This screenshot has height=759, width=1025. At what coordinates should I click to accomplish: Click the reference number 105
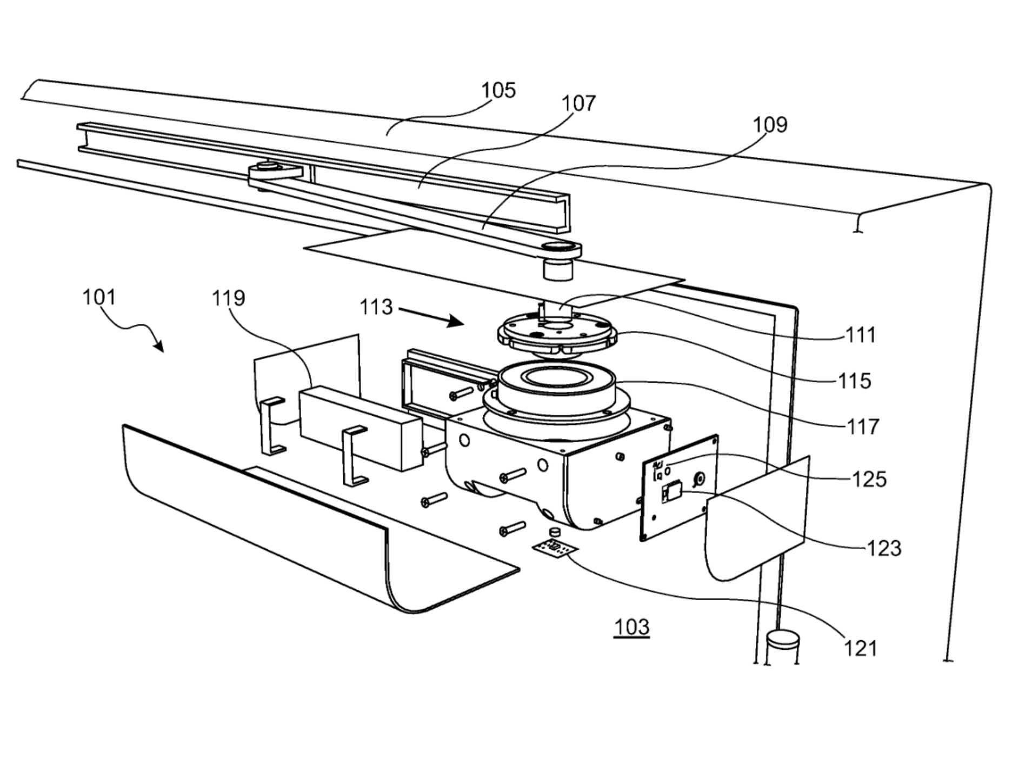pyautogui.click(x=498, y=90)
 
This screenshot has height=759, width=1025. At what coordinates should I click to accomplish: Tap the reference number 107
pyautogui.click(x=578, y=103)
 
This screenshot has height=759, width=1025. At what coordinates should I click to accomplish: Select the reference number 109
pyautogui.click(x=770, y=125)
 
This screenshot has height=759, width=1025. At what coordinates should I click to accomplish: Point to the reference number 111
pyautogui.click(x=860, y=335)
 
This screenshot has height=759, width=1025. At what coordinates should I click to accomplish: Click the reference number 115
pyautogui.click(x=855, y=381)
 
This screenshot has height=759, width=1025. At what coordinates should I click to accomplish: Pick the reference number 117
pyautogui.click(x=863, y=427)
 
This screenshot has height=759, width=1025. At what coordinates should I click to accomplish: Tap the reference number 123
pyautogui.click(x=884, y=549)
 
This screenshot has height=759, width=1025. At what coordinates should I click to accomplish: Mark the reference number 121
pyautogui.click(x=860, y=648)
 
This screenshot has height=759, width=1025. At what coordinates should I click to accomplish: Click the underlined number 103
pyautogui.click(x=631, y=627)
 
